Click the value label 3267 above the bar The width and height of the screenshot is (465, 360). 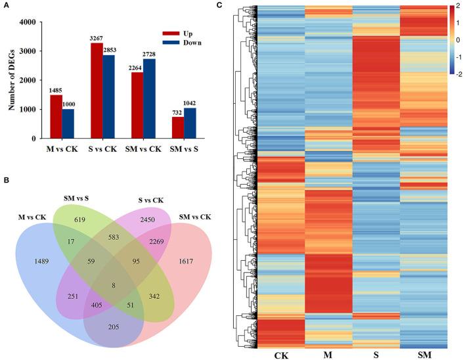tap(95, 38)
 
